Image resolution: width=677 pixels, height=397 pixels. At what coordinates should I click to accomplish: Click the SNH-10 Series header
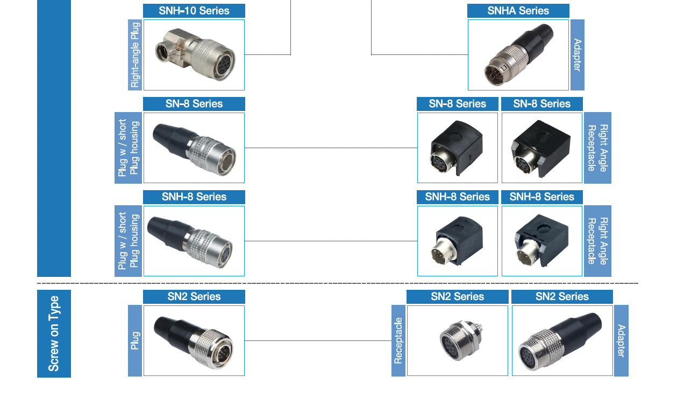click(194, 11)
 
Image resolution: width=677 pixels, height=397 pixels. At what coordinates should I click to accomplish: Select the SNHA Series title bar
click(518, 11)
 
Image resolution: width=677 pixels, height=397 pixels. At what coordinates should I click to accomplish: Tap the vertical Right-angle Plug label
click(135, 55)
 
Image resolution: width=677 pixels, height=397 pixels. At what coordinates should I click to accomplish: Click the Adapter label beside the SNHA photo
click(577, 55)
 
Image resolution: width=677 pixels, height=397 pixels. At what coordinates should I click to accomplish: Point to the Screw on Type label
click(54, 333)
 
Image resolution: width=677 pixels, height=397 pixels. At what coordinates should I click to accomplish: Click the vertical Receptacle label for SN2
click(398, 340)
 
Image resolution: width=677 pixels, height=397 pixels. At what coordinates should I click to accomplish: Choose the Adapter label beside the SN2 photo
click(621, 340)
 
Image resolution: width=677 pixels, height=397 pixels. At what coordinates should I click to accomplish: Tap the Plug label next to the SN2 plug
click(135, 340)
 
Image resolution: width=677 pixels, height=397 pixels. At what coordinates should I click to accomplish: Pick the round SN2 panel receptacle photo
click(458, 340)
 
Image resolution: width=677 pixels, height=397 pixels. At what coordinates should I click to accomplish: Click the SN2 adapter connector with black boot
click(562, 340)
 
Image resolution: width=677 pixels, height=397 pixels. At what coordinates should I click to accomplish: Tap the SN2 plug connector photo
click(194, 340)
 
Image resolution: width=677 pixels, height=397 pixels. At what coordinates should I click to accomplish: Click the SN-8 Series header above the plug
click(194, 104)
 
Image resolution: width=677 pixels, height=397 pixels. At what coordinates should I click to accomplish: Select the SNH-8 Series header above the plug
click(194, 197)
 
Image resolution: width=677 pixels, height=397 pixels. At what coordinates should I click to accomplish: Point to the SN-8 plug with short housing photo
click(194, 148)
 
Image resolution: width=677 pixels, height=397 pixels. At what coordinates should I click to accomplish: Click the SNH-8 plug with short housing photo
click(194, 241)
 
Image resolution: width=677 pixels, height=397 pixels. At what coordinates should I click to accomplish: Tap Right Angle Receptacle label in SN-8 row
click(597, 148)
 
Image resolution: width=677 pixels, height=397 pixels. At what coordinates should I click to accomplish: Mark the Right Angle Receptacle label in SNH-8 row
click(597, 241)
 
